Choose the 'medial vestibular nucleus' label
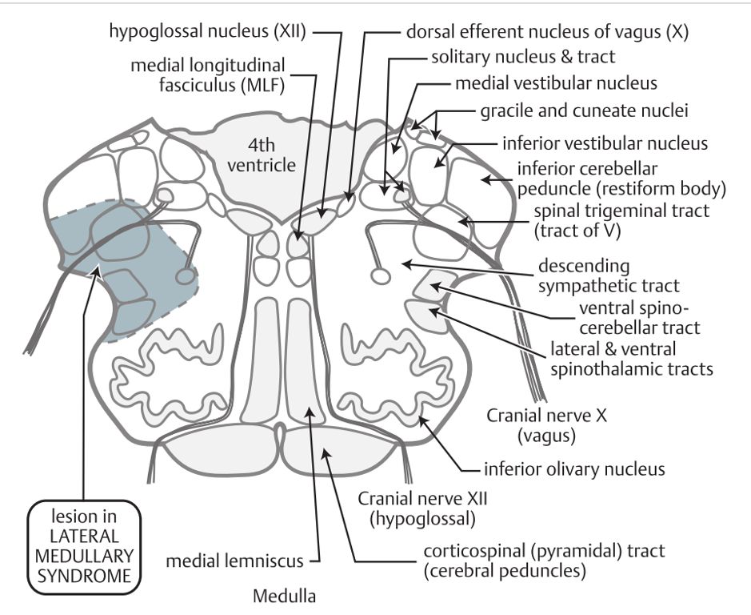click(545, 83)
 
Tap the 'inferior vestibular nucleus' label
click(605, 144)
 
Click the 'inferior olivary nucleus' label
click(574, 468)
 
